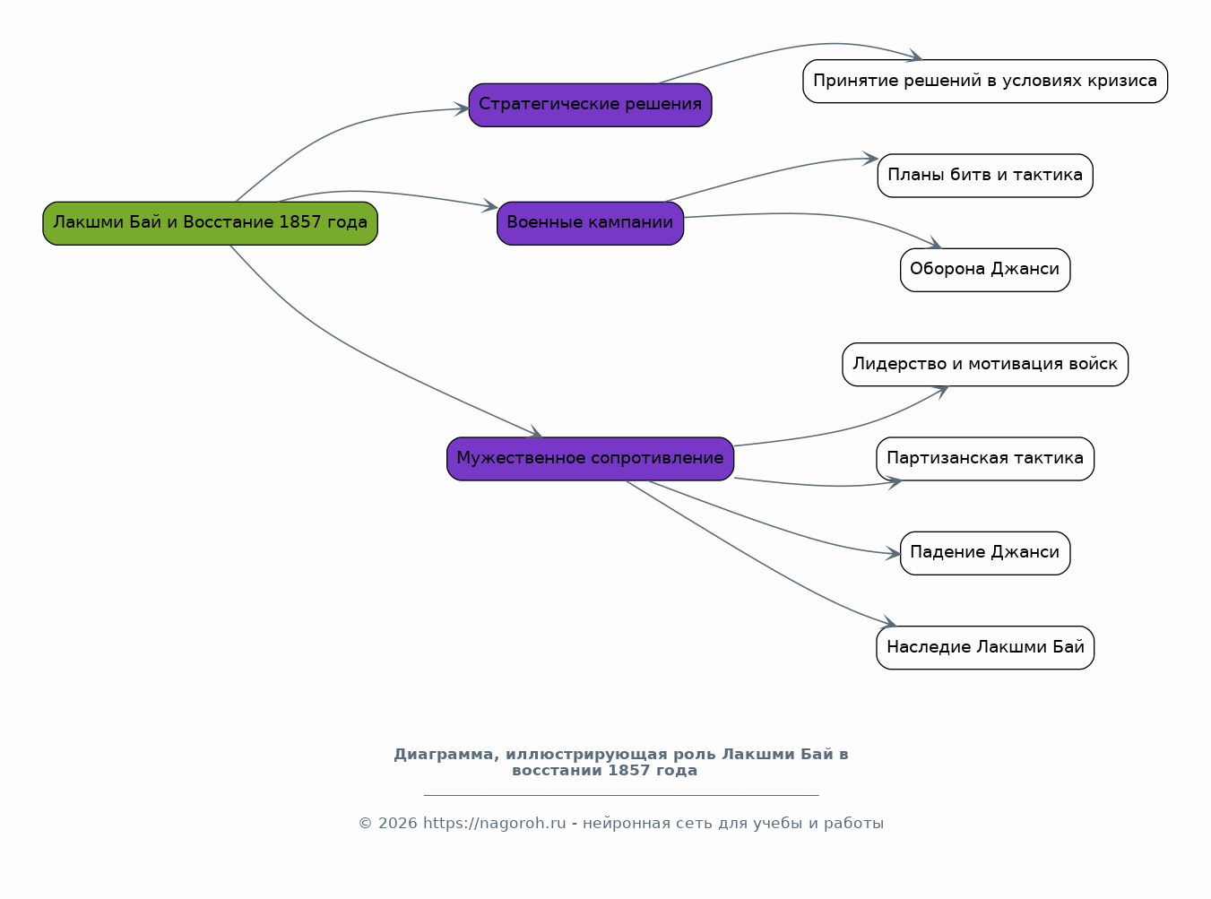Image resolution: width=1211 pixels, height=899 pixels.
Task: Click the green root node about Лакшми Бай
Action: pyautogui.click(x=211, y=223)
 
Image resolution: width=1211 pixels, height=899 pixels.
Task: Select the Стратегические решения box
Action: pyautogui.click(x=590, y=105)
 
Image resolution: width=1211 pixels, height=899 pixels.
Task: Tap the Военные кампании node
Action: pyautogui.click(x=590, y=223)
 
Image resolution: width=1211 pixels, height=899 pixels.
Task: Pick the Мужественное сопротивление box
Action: pyautogui.click(x=590, y=459)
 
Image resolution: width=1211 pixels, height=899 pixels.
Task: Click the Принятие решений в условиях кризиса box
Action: pyautogui.click(x=985, y=82)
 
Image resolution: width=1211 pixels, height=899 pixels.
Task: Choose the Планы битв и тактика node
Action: pyautogui.click(x=985, y=176)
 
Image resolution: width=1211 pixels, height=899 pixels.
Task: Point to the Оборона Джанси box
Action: pyautogui.click(x=985, y=270)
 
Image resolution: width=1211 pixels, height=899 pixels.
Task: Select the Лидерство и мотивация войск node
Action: pyautogui.click(x=985, y=364)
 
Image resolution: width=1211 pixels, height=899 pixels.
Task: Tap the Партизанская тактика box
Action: pyautogui.click(x=985, y=459)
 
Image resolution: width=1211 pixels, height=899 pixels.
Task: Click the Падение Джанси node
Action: pyautogui.click(x=985, y=553)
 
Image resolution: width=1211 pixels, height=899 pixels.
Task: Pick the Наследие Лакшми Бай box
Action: pyautogui.click(x=985, y=648)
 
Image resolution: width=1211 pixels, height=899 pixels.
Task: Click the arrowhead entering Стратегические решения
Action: pyautogui.click(x=462, y=108)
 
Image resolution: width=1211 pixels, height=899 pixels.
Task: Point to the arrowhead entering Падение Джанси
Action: pyautogui.click(x=893, y=553)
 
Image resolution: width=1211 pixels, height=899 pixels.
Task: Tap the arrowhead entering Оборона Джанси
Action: pyautogui.click(x=934, y=243)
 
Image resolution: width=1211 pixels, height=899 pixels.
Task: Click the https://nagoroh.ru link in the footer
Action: pyautogui.click(x=494, y=823)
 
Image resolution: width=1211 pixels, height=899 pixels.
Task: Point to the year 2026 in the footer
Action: pyautogui.click(x=397, y=823)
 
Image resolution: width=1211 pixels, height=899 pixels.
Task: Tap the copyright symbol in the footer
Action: pyautogui.click(x=365, y=824)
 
